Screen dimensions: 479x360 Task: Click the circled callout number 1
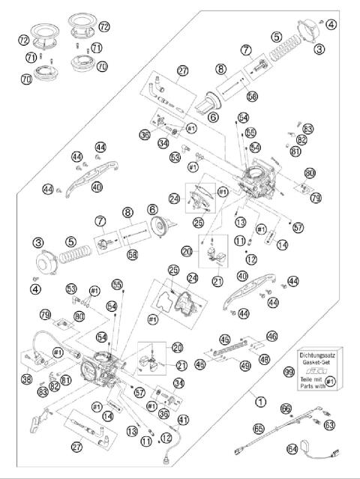coord(259,401)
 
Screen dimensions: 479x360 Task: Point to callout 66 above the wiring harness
coord(286,409)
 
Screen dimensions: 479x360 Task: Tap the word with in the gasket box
coord(322,387)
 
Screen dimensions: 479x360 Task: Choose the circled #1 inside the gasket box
coord(336,382)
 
